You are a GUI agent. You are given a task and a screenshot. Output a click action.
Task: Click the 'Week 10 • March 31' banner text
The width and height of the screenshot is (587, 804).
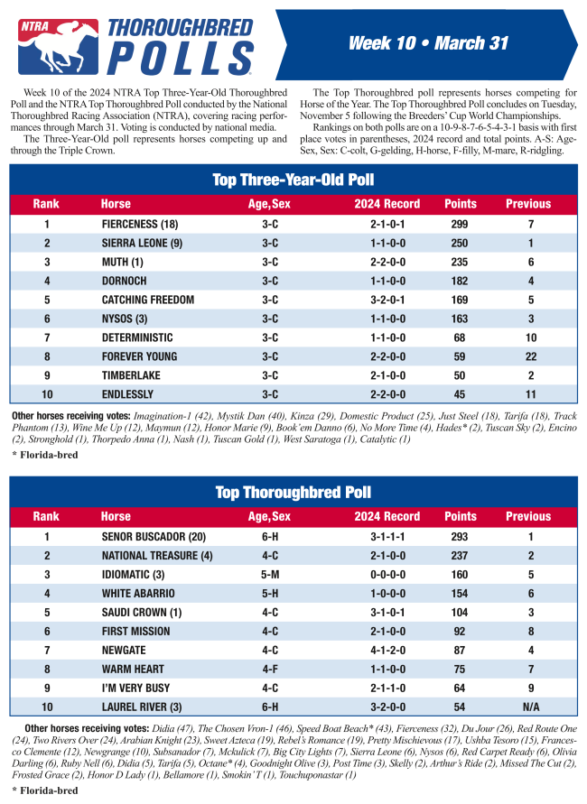(x=428, y=43)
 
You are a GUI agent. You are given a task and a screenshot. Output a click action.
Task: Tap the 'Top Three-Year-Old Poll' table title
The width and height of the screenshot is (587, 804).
(x=293, y=180)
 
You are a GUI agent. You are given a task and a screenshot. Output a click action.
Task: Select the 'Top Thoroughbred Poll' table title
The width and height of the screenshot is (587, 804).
(x=293, y=492)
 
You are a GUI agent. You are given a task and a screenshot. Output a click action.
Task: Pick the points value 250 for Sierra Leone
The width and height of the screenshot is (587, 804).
(x=461, y=243)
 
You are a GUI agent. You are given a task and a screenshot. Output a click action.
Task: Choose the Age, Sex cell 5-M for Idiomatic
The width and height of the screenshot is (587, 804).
(x=269, y=574)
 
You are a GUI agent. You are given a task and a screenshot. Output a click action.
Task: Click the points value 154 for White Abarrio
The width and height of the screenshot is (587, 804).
(x=461, y=593)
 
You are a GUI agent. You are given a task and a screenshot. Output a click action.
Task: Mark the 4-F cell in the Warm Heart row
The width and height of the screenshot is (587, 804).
(x=269, y=669)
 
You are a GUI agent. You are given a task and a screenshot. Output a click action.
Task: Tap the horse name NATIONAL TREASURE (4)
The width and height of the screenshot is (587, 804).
(x=157, y=555)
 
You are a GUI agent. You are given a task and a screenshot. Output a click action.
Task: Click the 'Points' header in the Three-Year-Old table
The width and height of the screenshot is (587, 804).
(x=461, y=204)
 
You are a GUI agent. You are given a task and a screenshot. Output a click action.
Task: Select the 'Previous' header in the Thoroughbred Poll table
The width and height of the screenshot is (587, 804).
(x=527, y=516)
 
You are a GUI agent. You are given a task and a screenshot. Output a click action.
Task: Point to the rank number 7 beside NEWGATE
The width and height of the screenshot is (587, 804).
(x=46, y=650)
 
